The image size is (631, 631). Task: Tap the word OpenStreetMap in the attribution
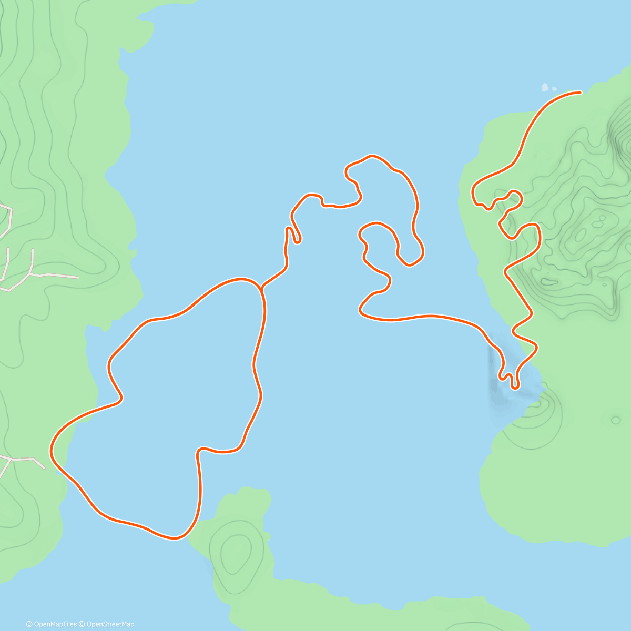tap(110, 624)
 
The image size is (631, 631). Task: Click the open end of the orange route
tap(579, 93)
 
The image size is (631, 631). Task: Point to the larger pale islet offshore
tap(545, 87)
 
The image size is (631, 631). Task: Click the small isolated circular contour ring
tap(615, 420)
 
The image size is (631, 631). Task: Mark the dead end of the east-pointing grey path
tap(78, 277)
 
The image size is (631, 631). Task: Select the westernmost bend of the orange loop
tap(52, 451)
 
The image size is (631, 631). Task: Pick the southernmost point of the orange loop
tap(174, 537)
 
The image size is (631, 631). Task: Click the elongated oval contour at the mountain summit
tap(581, 232)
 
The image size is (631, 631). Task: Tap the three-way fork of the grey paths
tap(33, 273)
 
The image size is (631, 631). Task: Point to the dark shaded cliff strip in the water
tap(494, 373)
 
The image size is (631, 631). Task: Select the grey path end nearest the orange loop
tap(45, 467)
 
